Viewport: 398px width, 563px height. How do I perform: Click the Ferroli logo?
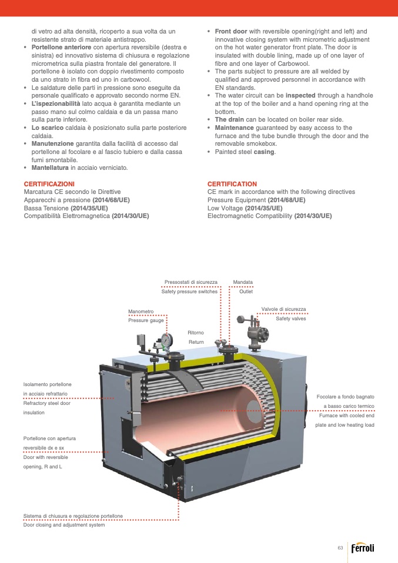(x=362, y=548)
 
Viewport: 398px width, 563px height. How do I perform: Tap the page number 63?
(x=340, y=548)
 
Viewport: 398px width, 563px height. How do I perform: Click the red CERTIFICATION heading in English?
(x=232, y=184)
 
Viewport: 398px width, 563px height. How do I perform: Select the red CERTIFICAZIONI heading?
(x=49, y=184)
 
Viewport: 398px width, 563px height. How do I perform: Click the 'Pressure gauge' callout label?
(x=146, y=320)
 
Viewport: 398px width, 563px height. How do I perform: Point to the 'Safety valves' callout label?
(x=291, y=319)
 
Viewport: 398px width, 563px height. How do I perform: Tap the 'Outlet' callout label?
(x=246, y=291)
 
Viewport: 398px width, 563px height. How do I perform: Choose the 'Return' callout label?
(x=196, y=341)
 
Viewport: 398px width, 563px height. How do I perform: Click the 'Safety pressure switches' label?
(x=189, y=291)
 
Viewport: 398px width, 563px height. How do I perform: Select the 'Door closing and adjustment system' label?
(x=63, y=525)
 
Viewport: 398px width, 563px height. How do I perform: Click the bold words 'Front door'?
(x=231, y=31)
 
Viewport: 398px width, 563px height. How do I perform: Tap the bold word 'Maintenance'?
(x=234, y=128)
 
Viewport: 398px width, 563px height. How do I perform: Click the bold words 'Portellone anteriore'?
(x=61, y=47)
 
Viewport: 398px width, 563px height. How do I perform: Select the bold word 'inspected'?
(x=301, y=95)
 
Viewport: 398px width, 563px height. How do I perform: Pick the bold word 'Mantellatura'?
(x=50, y=167)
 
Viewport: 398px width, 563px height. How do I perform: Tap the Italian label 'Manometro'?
(x=141, y=311)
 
